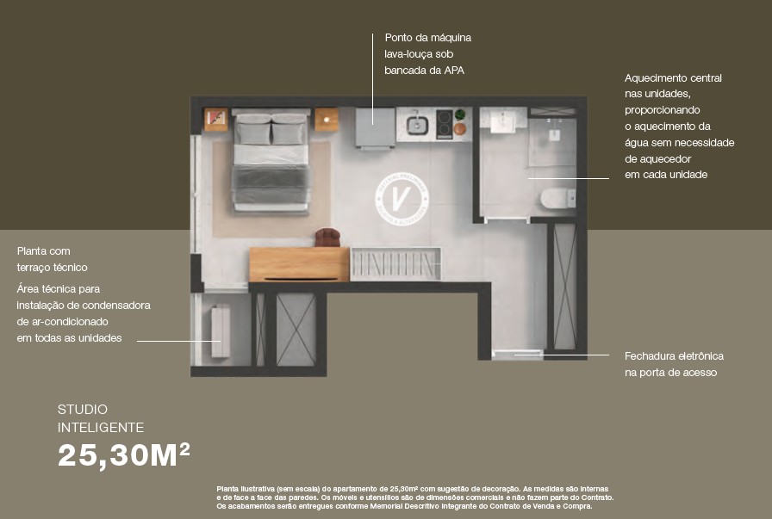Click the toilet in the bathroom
click(558, 198)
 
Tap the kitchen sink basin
click(417, 124)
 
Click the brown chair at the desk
click(327, 238)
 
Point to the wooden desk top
click(299, 264)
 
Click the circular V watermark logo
click(402, 199)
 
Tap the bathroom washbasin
click(503, 120)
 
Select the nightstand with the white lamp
click(327, 120)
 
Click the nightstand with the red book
click(216, 120)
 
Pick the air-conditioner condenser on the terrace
click(221, 331)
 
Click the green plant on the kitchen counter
click(460, 115)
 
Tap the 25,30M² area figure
click(124, 455)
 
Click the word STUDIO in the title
click(82, 410)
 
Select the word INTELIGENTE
click(101, 428)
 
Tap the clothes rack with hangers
click(395, 263)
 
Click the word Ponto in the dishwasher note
click(398, 38)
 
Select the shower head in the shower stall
click(554, 133)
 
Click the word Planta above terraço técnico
click(43, 250)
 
